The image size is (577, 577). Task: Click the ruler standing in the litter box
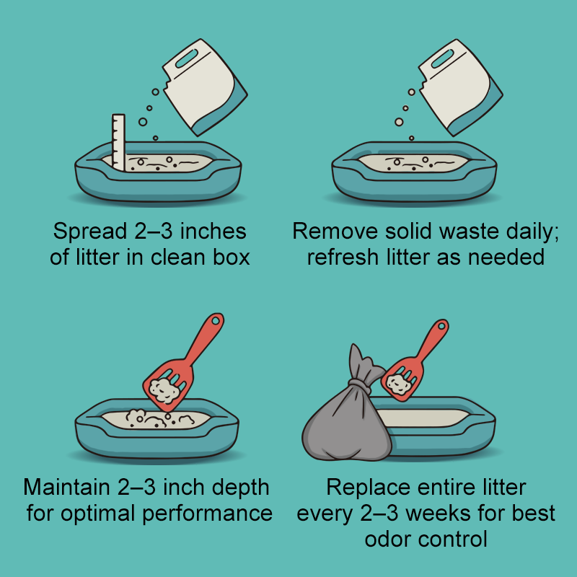[118, 142]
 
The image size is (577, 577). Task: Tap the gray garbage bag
[346, 416]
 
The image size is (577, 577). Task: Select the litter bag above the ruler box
[205, 87]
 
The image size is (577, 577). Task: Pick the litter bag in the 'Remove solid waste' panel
[460, 87]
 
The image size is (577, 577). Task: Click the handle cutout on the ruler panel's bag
[187, 58]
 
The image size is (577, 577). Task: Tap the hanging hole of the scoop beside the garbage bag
[441, 326]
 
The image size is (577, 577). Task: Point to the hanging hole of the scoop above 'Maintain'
[216, 321]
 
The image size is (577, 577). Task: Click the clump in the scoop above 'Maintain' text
[164, 389]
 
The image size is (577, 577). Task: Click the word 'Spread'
[90, 231]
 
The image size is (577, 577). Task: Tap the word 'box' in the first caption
[232, 257]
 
